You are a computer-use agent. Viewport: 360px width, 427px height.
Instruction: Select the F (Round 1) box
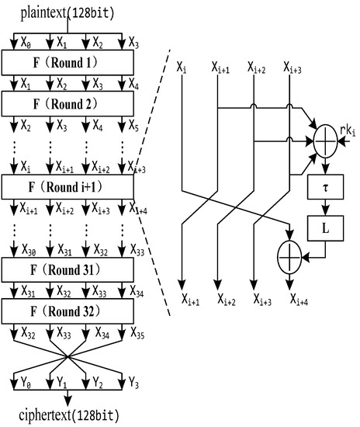coord(68,61)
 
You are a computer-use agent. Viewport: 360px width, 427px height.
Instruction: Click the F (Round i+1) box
coord(68,187)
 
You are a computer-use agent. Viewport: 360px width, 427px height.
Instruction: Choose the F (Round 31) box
coord(68,269)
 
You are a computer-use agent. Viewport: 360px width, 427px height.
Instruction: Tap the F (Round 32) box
coord(68,313)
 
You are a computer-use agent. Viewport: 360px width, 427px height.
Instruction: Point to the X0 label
coord(26,42)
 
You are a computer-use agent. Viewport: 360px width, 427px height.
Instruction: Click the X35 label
coord(136,336)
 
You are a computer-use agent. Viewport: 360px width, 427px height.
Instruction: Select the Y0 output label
coord(26,383)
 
